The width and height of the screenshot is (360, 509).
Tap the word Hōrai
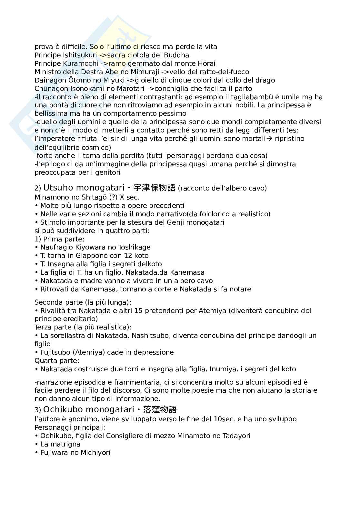[x=206, y=64]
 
